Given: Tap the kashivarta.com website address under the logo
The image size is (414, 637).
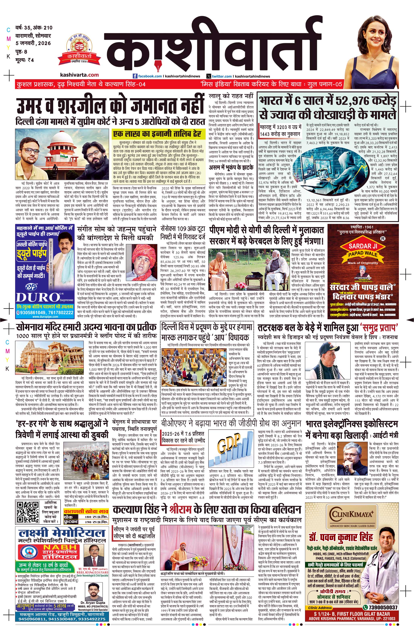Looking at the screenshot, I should click(x=79, y=75).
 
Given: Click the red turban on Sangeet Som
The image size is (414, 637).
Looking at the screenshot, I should click(x=140, y=252).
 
